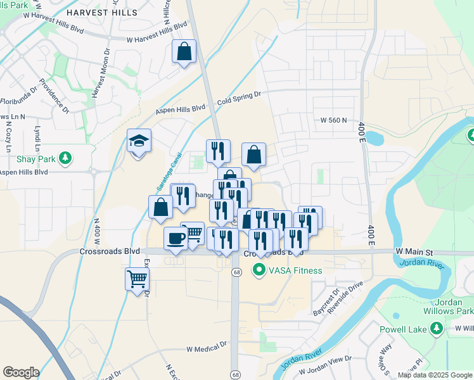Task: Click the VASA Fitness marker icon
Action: point(259,270)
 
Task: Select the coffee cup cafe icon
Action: point(176,239)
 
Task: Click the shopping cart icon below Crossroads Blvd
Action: point(138,278)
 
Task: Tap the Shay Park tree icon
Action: point(64,157)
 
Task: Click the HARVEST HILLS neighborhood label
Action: point(112,12)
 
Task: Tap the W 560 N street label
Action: point(335,120)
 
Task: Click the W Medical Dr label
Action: point(207,348)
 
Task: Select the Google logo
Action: point(21,372)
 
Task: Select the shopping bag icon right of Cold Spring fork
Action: point(253,155)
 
